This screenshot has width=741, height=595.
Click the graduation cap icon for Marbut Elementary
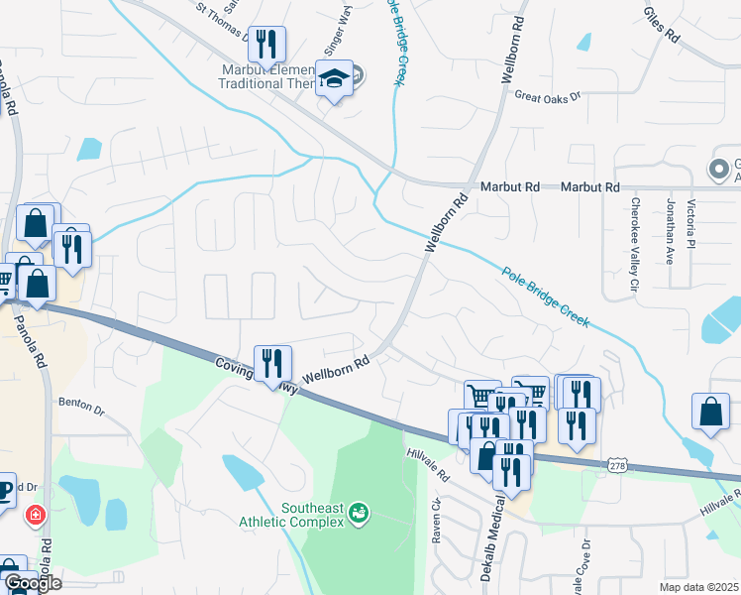335,79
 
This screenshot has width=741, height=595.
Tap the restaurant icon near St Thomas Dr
265,45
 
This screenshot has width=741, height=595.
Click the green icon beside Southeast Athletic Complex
359,513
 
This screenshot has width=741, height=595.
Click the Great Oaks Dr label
547,96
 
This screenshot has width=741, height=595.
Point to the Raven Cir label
435,530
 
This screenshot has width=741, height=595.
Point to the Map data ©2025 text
698,587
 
